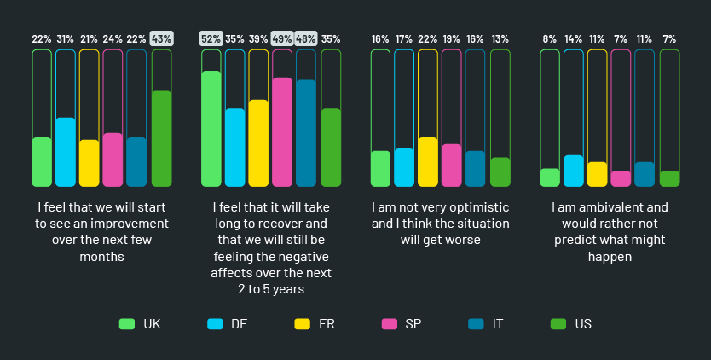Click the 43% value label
pos(161,38)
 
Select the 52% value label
pos(211,38)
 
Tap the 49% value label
pos(282,38)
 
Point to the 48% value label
pos(306,38)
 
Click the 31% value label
pos(65,38)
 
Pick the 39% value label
pos(258,38)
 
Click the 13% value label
pos(500,38)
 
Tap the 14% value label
pos(573,38)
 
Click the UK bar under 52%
pos(211,128)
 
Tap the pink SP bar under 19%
pos(452,165)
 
